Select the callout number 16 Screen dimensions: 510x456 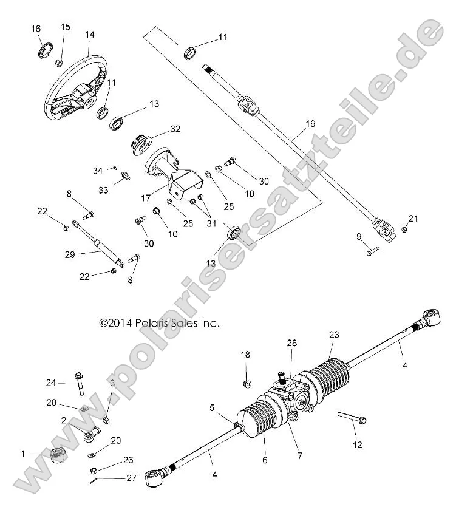tap(36, 29)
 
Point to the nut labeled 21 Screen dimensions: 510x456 tap(404, 229)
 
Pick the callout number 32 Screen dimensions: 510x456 tap(175, 129)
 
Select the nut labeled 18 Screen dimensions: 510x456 tap(247, 384)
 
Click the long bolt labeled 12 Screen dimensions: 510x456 tap(351, 418)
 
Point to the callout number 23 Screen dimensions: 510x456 tap(333, 335)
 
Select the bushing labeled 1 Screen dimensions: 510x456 tap(57, 455)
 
